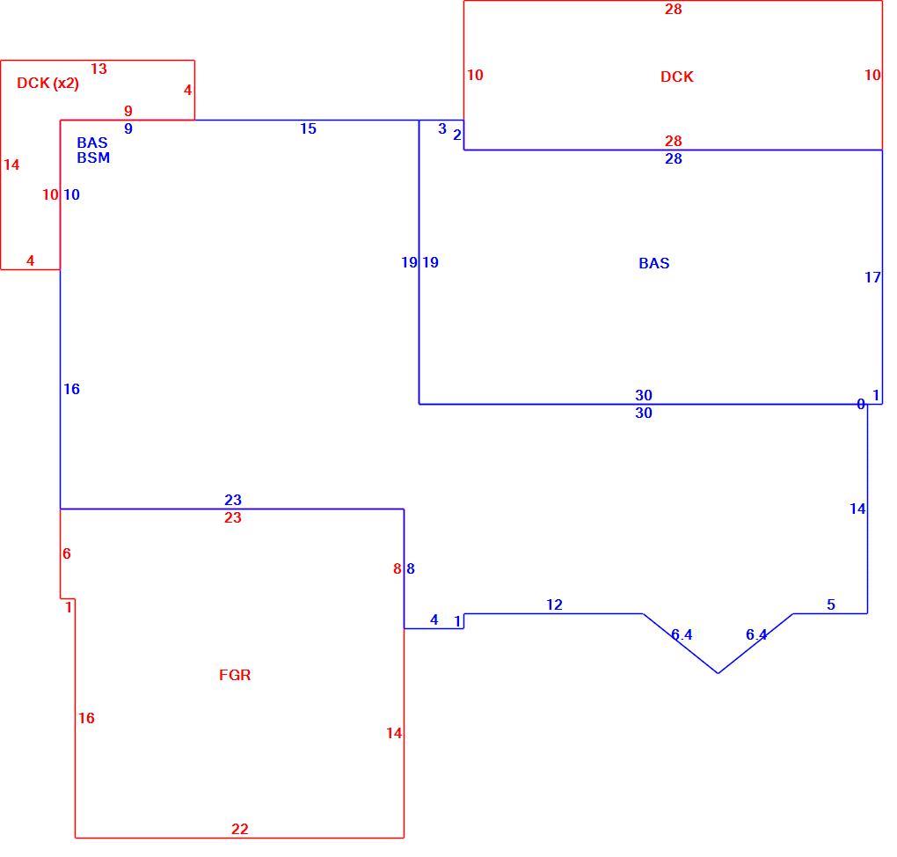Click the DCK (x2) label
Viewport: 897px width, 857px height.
(x=47, y=84)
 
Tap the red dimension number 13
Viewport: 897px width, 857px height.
(x=98, y=69)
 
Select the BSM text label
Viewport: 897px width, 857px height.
(x=93, y=158)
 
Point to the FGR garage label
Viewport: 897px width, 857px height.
(x=235, y=675)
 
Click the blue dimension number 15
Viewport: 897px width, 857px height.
(x=308, y=128)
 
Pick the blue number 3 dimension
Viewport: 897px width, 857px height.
(x=442, y=128)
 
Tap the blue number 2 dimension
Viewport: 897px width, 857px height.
(x=457, y=136)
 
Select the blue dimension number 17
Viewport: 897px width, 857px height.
(x=872, y=278)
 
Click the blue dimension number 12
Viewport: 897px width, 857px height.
(x=554, y=604)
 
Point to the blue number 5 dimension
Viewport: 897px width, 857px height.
(x=831, y=604)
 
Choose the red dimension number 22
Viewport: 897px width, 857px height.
(x=240, y=829)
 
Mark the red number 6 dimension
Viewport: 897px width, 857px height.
(x=66, y=553)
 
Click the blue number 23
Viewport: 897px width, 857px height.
(x=233, y=500)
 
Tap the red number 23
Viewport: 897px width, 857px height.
(x=233, y=517)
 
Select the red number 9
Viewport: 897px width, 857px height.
(x=128, y=111)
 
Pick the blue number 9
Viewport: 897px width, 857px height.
(x=128, y=128)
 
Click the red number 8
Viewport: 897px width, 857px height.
(x=397, y=569)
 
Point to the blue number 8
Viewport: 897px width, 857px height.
(x=411, y=569)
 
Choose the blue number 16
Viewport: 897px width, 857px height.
(x=71, y=389)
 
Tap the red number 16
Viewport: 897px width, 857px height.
(x=86, y=718)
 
